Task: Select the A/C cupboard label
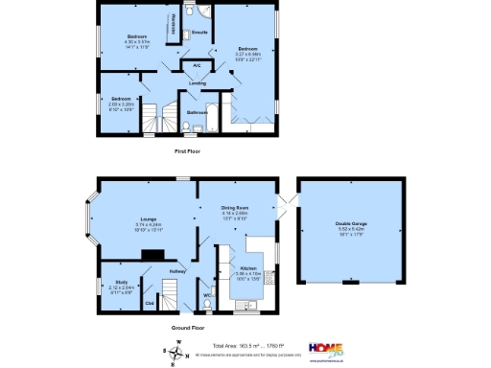click(198, 65)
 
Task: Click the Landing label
click(197, 83)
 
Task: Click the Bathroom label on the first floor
click(198, 112)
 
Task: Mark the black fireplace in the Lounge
click(152, 254)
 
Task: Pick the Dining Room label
click(236, 207)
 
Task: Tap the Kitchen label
click(247, 268)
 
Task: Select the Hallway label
click(177, 271)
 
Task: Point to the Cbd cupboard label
click(150, 304)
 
